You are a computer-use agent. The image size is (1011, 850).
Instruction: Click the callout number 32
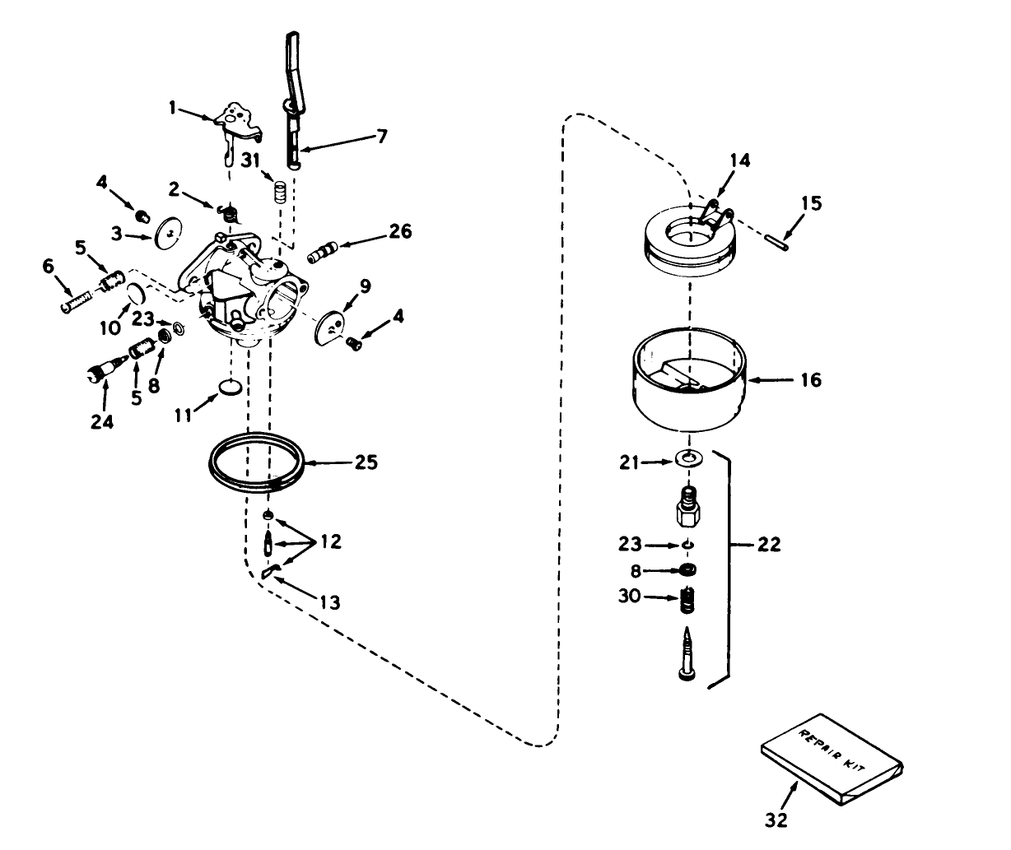pyautogui.click(x=776, y=819)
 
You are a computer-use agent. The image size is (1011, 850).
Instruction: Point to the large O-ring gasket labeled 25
pyautogui.click(x=255, y=464)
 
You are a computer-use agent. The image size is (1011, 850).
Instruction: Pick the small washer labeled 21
pyautogui.click(x=687, y=458)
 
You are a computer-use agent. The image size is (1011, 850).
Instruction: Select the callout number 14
pyautogui.click(x=740, y=160)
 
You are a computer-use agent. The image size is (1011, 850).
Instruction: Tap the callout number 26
pyautogui.click(x=400, y=231)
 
